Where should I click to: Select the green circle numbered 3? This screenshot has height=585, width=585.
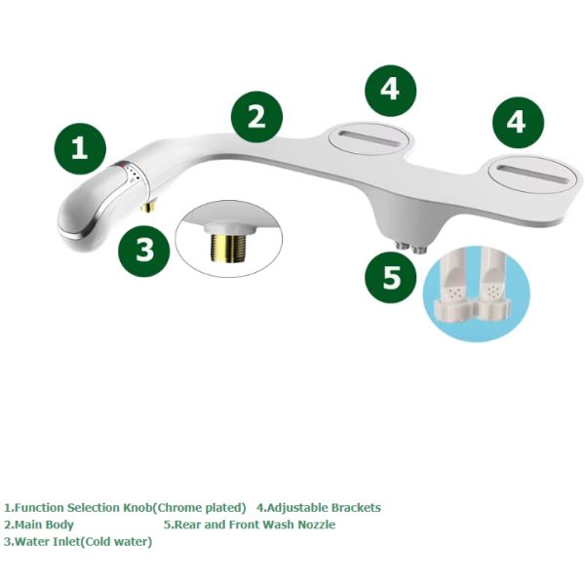pyautogui.click(x=145, y=251)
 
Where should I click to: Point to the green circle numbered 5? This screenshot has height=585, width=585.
pyautogui.click(x=391, y=278)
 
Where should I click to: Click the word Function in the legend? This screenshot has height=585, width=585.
pyautogui.click(x=42, y=507)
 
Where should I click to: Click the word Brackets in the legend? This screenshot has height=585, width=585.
pyautogui.click(x=355, y=507)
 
